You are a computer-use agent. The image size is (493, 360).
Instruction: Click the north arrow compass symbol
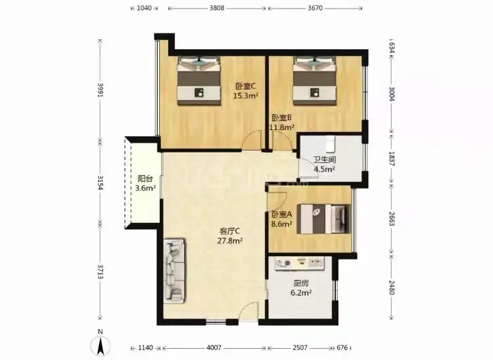point(101,345)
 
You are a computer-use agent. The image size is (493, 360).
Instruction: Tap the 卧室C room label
point(246,86)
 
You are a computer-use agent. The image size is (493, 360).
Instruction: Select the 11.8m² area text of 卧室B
point(282,127)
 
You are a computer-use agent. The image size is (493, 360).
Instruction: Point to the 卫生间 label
point(324,159)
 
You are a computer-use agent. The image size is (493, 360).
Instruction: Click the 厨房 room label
point(301,283)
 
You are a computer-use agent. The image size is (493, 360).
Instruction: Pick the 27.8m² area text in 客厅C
point(229,241)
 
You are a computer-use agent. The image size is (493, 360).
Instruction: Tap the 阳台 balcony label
point(145,179)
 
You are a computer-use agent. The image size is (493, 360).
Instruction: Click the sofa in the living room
point(174,271)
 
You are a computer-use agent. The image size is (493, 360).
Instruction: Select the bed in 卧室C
point(199,80)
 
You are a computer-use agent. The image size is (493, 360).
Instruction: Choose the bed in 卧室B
point(314,80)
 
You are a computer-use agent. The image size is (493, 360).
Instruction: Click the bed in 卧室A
point(324,219)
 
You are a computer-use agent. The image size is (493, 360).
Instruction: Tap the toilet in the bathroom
point(330,144)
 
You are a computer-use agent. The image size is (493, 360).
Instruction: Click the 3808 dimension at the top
point(217,8)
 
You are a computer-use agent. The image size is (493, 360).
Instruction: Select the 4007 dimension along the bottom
point(214,348)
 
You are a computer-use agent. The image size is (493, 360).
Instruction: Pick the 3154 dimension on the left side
point(101,183)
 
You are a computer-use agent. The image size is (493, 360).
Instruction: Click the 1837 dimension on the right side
point(392,158)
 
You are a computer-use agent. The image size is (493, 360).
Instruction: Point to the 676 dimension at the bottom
point(342,348)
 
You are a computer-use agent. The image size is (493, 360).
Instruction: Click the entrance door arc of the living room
point(248,311)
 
